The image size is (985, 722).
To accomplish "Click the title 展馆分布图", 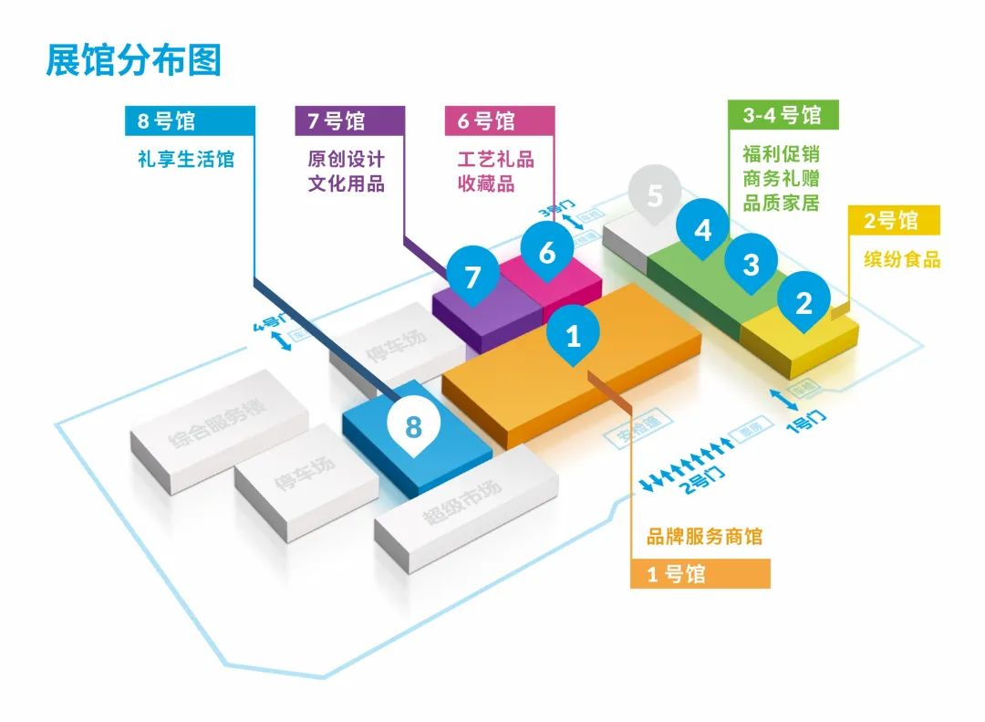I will (x=134, y=61).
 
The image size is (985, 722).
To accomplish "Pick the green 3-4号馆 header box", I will (x=783, y=115).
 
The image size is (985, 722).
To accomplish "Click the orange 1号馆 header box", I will (x=700, y=574).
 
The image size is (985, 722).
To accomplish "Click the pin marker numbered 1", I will (x=573, y=336).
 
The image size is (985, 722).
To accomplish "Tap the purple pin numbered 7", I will (x=472, y=277).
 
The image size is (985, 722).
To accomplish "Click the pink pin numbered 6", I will (x=546, y=252).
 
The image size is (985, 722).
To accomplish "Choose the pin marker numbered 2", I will (x=803, y=302).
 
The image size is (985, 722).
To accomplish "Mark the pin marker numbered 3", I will (x=751, y=265).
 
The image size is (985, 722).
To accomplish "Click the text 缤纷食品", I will (x=901, y=260).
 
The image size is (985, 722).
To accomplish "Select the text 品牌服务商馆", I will (x=704, y=537).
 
